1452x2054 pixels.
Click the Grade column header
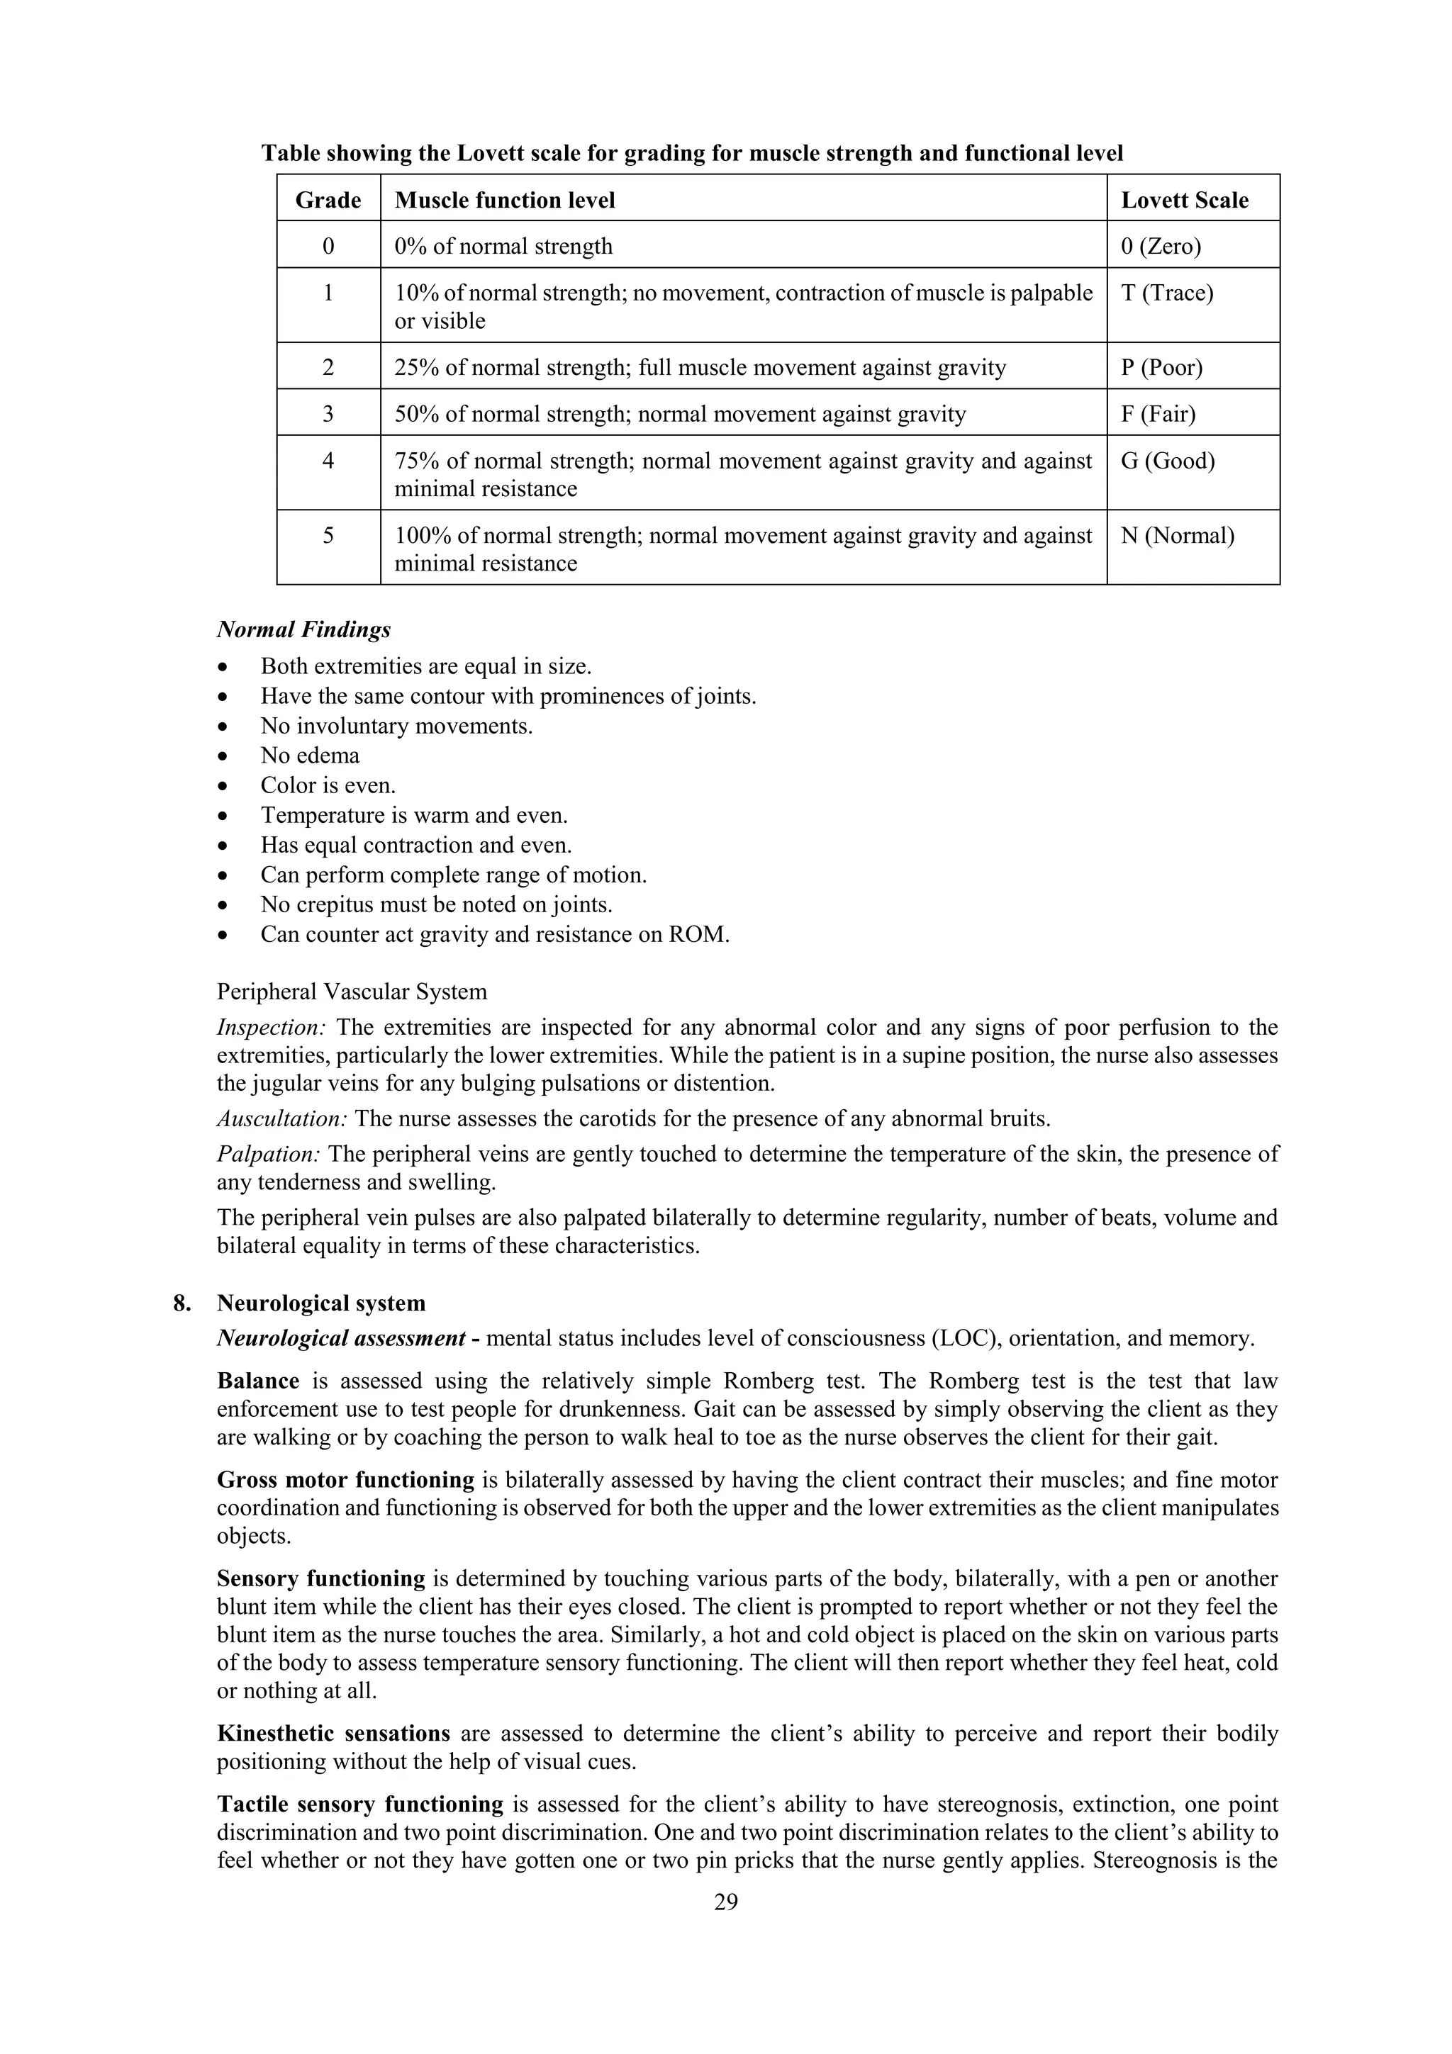(x=328, y=199)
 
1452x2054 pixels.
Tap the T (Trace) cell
(x=1166, y=293)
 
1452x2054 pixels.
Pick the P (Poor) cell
(x=1161, y=368)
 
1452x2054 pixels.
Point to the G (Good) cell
(x=1168, y=461)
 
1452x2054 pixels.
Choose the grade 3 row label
(x=328, y=414)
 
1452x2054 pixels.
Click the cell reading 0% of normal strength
(x=503, y=247)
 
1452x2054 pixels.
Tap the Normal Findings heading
(x=303, y=630)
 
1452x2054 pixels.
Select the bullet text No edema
(x=310, y=756)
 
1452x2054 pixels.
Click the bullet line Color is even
(x=328, y=785)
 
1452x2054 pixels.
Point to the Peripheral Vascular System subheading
(x=352, y=992)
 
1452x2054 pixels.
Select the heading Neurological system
(x=321, y=1303)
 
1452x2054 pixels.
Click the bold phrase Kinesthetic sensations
(x=333, y=1734)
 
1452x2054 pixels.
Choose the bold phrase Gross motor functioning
(x=345, y=1481)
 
